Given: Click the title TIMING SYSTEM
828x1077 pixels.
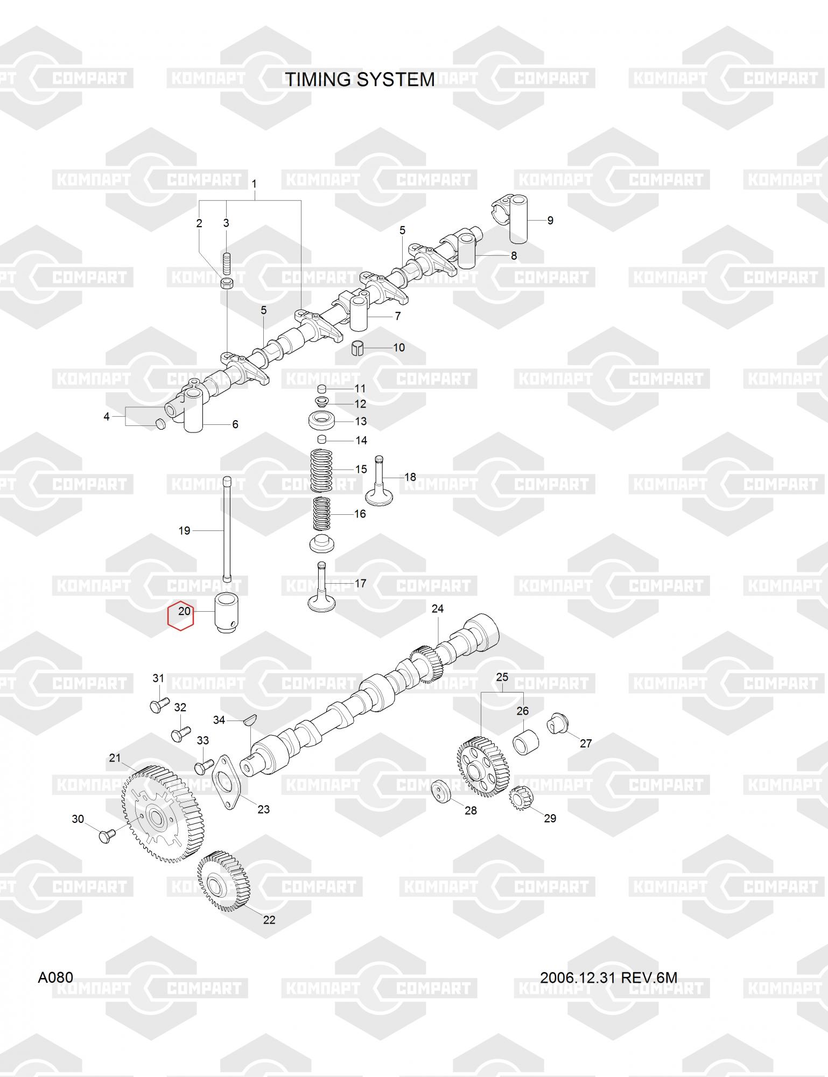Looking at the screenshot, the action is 360,79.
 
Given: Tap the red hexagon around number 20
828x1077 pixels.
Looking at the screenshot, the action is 180,614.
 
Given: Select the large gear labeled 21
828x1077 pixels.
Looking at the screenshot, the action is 159,813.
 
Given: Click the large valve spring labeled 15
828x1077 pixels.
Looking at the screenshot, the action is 322,470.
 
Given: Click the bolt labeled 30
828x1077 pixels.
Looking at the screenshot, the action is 106,836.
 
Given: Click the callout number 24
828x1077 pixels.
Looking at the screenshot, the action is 438,609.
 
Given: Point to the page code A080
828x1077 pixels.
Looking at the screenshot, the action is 55,977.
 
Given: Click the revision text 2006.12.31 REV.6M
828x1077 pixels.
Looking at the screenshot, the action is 609,977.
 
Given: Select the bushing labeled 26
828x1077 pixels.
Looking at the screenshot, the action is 525,742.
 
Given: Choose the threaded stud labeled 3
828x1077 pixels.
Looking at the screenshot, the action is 226,263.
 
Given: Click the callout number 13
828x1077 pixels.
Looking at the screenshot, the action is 361,421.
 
